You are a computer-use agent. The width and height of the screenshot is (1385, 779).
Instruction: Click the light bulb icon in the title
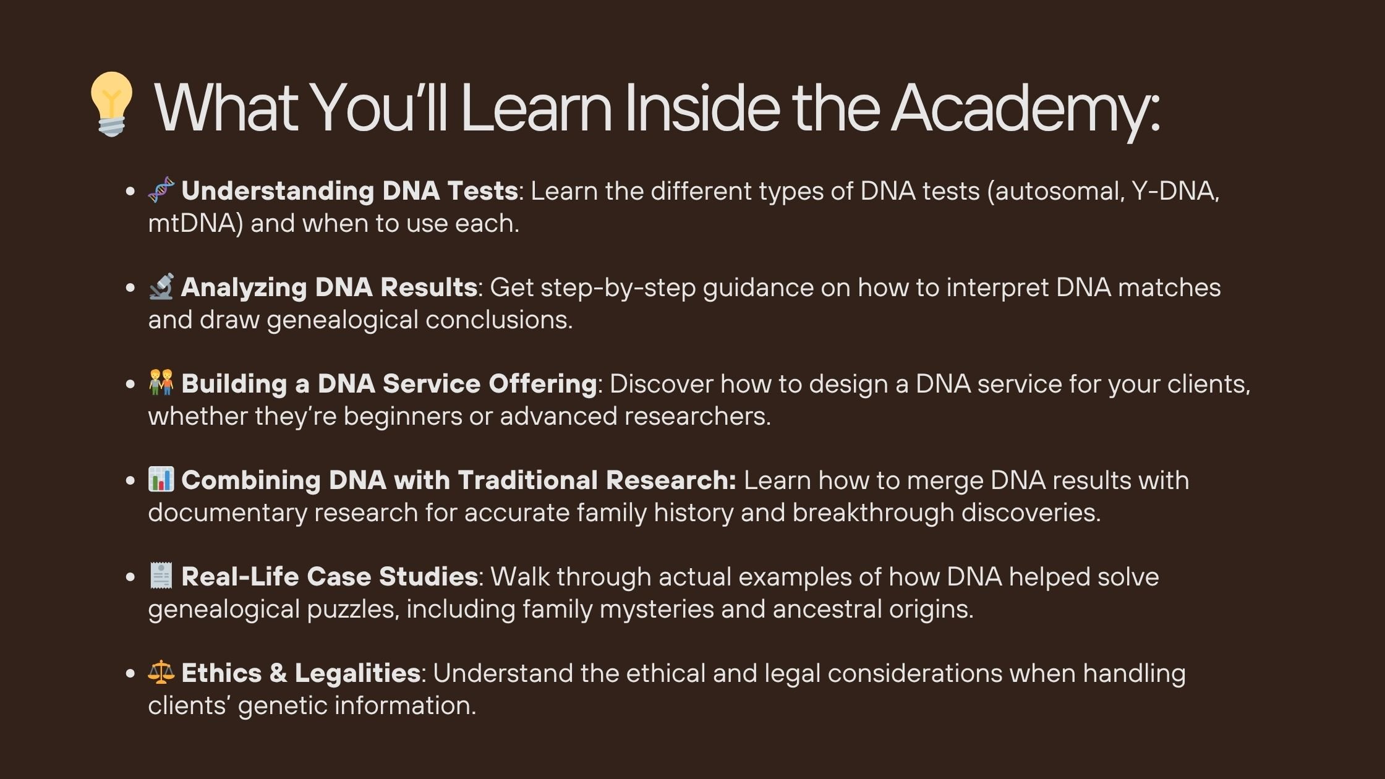coord(111,104)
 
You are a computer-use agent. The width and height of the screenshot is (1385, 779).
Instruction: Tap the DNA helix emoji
coord(161,190)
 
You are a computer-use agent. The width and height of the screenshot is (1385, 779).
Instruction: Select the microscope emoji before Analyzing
coord(161,286)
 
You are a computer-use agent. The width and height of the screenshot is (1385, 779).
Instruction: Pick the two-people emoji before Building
coord(161,383)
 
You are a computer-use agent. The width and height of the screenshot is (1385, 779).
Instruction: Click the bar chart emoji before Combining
coord(161,479)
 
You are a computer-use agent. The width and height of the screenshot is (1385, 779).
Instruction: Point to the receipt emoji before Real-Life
coord(161,576)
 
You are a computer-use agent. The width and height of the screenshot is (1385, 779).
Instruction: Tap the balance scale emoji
coord(161,672)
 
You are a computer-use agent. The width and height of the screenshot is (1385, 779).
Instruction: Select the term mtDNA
coord(192,223)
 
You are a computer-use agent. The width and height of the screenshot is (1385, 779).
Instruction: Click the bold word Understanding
coord(278,192)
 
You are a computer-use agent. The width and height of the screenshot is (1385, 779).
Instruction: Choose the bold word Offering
coord(542,385)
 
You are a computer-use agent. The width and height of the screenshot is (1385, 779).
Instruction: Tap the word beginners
coord(402,417)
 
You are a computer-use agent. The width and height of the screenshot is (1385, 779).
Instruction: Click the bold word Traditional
coord(528,480)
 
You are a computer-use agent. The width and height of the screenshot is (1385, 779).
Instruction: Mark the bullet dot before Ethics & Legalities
coord(130,673)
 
